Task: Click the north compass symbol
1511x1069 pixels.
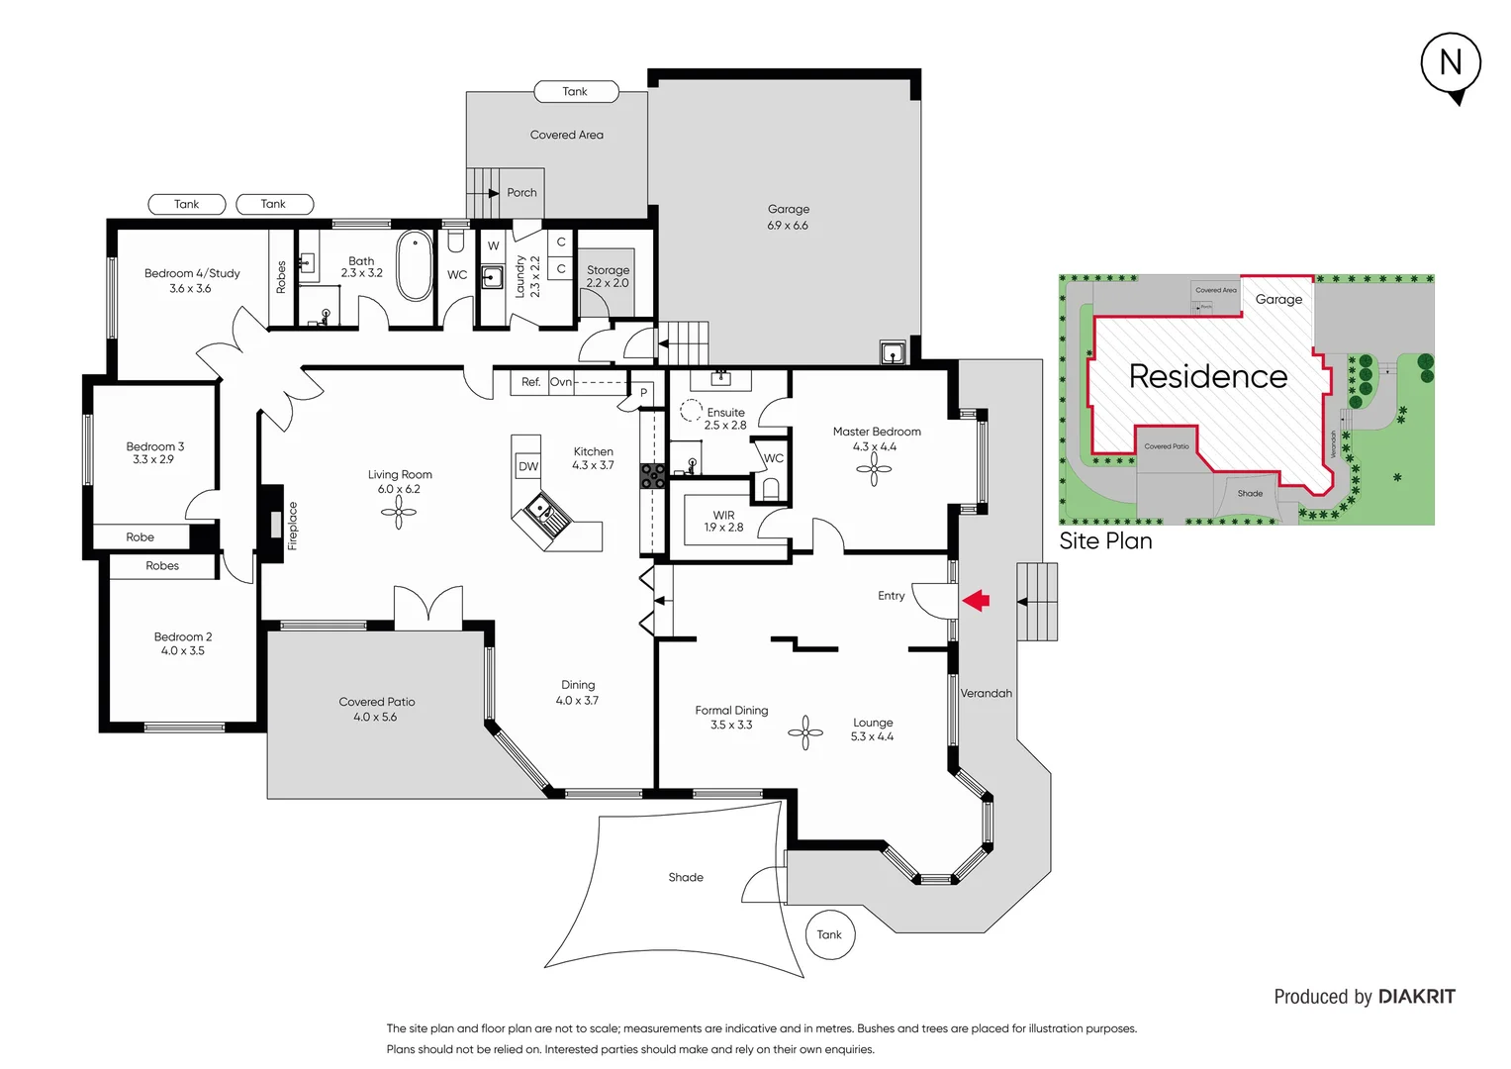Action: coord(1451,64)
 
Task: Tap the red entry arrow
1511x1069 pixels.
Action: coord(976,600)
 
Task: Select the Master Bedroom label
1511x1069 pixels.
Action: coord(877,433)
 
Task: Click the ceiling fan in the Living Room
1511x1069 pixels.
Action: coord(399,512)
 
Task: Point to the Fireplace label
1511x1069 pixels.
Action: coord(293,526)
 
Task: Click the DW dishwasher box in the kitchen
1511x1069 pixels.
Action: coord(528,466)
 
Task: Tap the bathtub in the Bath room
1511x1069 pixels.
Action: coord(415,265)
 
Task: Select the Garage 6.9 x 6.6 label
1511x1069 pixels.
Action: coord(789,217)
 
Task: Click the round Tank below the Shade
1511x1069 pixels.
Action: coord(829,934)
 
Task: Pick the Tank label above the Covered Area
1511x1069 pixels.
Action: coord(575,92)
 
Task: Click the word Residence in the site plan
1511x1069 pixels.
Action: coord(1208,376)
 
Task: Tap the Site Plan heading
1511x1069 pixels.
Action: coord(1105,540)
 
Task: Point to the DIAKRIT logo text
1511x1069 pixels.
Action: coord(1416,997)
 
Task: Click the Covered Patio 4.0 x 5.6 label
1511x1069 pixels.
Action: coord(376,709)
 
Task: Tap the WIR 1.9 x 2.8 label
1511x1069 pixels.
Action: coord(723,522)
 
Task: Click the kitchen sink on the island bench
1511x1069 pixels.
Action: coord(540,510)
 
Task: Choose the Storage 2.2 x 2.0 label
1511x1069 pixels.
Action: coord(608,276)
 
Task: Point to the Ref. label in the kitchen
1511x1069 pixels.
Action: coord(531,382)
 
